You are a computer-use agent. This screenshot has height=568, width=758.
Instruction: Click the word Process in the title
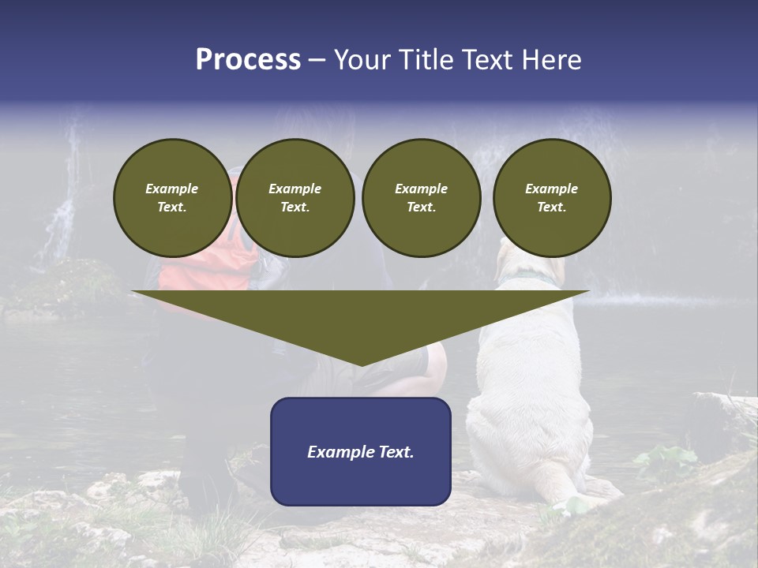(x=248, y=60)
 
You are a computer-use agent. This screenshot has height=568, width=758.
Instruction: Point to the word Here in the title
(x=550, y=60)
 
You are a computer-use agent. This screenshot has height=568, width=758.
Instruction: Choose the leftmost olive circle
(x=172, y=198)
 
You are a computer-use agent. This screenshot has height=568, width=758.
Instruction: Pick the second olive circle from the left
(x=295, y=198)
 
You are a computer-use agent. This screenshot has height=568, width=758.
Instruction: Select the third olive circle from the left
(x=421, y=198)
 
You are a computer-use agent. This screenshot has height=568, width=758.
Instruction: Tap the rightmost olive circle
(x=551, y=198)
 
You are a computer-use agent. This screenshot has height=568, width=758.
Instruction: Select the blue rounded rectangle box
(x=361, y=451)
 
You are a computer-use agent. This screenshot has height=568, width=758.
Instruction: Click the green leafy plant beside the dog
(x=667, y=461)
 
